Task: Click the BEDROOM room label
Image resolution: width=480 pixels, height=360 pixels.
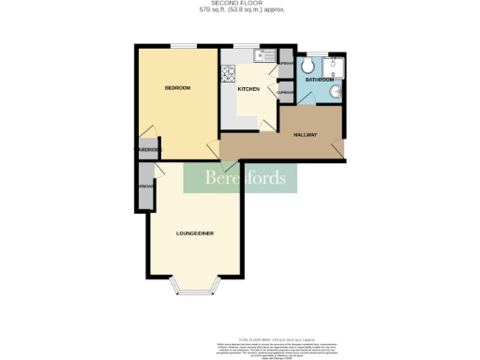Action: [x=177, y=88]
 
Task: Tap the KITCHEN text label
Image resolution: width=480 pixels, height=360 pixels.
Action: [x=247, y=90]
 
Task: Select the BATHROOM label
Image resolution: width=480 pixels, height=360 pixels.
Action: [x=319, y=81]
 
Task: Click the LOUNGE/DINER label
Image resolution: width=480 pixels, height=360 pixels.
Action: [x=194, y=232]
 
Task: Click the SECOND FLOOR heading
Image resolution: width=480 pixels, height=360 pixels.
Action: [x=241, y=4]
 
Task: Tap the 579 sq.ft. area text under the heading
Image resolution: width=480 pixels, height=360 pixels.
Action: [x=241, y=10]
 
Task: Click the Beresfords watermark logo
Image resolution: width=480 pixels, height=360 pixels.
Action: [x=240, y=178]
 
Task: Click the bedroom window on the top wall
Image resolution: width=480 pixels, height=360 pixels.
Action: [x=183, y=45]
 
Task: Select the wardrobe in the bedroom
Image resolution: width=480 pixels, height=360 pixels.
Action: [x=147, y=149]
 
